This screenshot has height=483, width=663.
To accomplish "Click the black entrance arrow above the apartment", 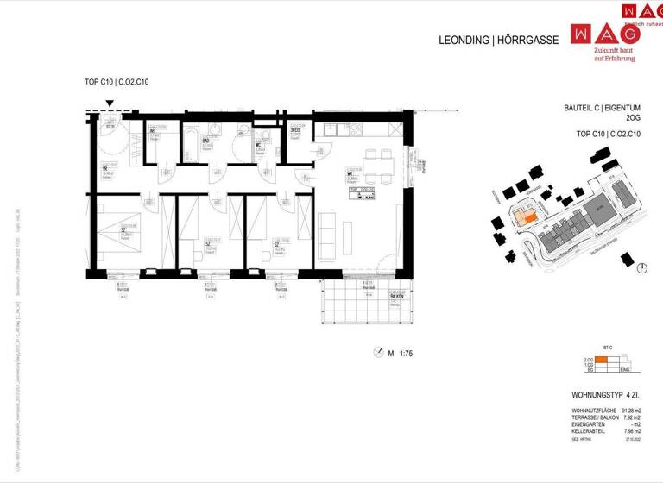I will tap(110, 105).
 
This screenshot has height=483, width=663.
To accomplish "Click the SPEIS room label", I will tap(294, 130).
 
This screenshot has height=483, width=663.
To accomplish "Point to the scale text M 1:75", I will tap(400, 353).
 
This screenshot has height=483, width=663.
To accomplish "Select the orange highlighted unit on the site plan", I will tap(523, 217).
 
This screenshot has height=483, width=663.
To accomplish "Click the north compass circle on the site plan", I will tap(641, 268).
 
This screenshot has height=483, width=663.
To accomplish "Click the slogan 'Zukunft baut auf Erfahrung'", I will tap(614, 55).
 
